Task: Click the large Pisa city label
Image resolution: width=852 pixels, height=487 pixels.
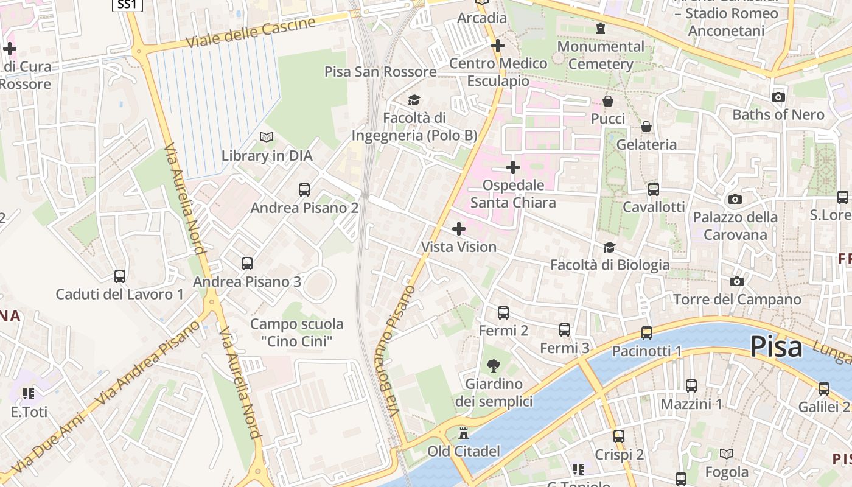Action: (x=776, y=347)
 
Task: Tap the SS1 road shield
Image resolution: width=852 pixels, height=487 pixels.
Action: (x=127, y=5)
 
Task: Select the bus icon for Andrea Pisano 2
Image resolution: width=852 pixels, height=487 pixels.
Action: (x=304, y=189)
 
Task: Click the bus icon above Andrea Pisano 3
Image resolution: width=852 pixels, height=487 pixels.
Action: (x=246, y=263)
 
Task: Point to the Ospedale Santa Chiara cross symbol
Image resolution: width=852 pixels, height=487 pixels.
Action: (x=513, y=167)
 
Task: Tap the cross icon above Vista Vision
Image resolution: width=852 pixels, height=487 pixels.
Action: (x=459, y=229)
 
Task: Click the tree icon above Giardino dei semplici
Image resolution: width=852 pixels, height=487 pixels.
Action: (x=494, y=365)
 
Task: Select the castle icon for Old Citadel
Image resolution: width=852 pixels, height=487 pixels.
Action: (x=464, y=433)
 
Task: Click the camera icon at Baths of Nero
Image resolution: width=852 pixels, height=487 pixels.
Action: (x=778, y=97)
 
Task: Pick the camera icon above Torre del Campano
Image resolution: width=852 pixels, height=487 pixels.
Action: (x=737, y=281)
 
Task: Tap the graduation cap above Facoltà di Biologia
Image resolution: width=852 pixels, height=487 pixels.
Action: (x=609, y=247)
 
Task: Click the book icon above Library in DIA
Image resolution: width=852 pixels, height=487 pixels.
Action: (x=267, y=137)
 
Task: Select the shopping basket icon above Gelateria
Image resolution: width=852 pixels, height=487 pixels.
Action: (x=646, y=127)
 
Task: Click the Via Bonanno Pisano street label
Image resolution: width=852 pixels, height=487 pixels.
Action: (x=402, y=350)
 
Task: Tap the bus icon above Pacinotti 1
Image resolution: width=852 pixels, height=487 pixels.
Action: (x=646, y=332)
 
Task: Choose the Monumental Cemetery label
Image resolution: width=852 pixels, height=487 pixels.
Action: (x=601, y=55)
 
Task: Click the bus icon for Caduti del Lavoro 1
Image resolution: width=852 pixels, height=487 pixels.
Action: (x=120, y=276)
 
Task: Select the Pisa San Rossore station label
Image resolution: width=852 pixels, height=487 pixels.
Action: (x=380, y=72)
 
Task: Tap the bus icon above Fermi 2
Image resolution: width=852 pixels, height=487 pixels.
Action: (x=503, y=312)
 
